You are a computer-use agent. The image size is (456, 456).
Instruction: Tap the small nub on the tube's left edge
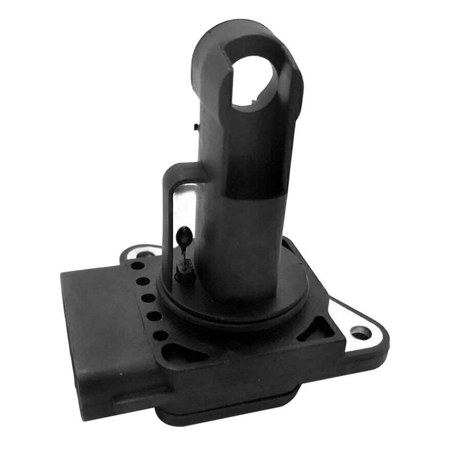click(196, 126)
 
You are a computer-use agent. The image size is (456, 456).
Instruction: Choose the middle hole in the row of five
click(148, 298)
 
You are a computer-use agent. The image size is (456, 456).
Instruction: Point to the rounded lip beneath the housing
click(228, 410)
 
